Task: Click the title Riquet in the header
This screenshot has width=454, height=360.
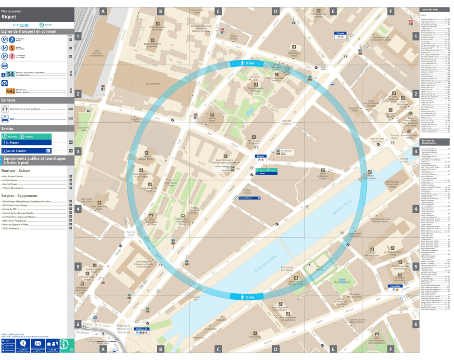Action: click(9, 17)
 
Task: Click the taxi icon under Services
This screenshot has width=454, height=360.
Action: click(5, 118)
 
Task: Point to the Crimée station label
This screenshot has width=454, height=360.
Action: click(340, 34)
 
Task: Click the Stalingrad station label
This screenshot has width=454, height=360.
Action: click(142, 329)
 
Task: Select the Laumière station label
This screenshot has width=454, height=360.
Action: click(396, 286)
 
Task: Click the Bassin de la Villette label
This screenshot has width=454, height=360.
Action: click(269, 259)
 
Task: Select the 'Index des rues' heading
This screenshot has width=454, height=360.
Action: click(429, 10)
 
